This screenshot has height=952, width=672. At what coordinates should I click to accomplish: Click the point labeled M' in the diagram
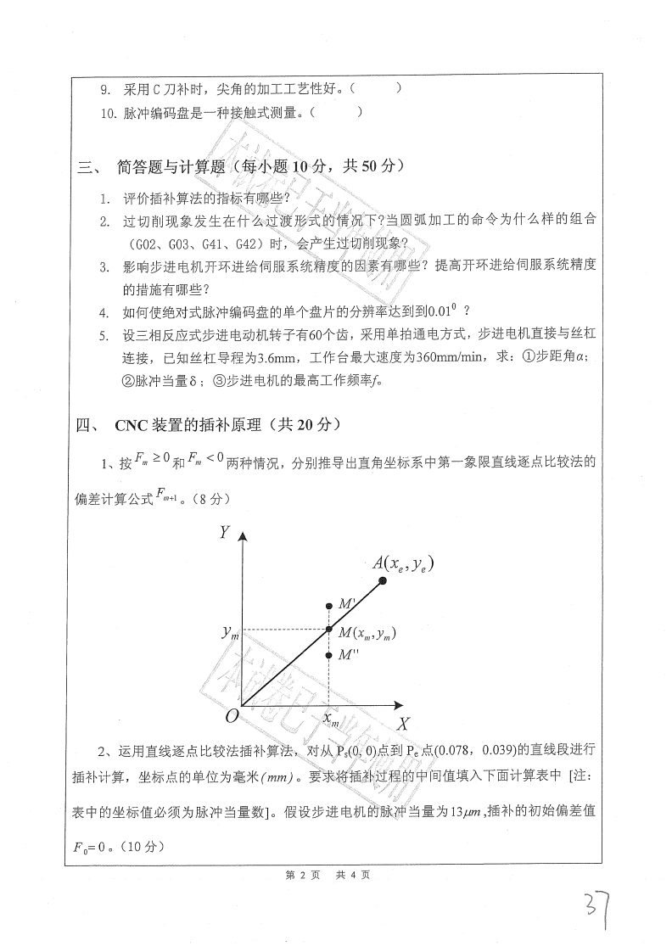point(330,606)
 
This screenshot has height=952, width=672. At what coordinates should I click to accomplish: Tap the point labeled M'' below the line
point(330,655)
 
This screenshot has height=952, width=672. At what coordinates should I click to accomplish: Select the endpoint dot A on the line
point(383,580)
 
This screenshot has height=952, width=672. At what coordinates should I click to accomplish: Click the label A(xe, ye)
point(403,562)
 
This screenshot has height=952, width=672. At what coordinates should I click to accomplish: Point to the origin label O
point(230,716)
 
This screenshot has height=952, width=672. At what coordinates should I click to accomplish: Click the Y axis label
point(224,532)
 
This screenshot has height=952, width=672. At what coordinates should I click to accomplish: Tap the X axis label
point(404,724)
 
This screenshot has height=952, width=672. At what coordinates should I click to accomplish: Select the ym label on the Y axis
point(227,632)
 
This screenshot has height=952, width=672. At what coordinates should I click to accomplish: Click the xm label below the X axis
point(331,720)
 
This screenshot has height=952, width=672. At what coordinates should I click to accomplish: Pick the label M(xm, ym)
point(367,633)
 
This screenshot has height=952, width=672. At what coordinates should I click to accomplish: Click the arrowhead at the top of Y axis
point(244,536)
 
